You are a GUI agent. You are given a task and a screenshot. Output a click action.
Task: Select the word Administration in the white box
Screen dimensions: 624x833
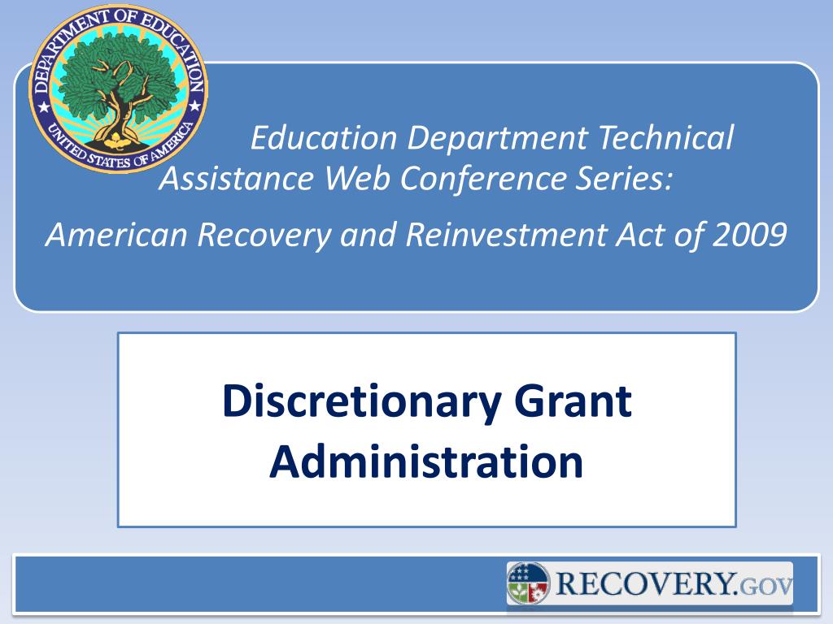pyautogui.click(x=426, y=461)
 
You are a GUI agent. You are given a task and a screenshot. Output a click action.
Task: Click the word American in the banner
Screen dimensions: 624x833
pyautogui.click(x=117, y=235)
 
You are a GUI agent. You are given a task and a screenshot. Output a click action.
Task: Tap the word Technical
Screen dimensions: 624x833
pyautogui.click(x=665, y=138)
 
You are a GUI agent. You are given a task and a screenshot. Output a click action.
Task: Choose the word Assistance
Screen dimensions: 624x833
pyautogui.click(x=237, y=178)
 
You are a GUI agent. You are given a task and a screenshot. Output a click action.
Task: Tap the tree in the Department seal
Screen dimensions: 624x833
pyautogui.click(x=118, y=81)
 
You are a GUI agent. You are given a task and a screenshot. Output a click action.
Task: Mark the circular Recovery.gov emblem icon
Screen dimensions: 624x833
pyautogui.click(x=529, y=584)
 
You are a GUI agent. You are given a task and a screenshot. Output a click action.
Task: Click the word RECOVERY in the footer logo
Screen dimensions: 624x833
pyautogui.click(x=645, y=583)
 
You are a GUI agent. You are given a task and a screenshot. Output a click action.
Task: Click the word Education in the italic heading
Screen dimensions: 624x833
pyautogui.click(x=325, y=138)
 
